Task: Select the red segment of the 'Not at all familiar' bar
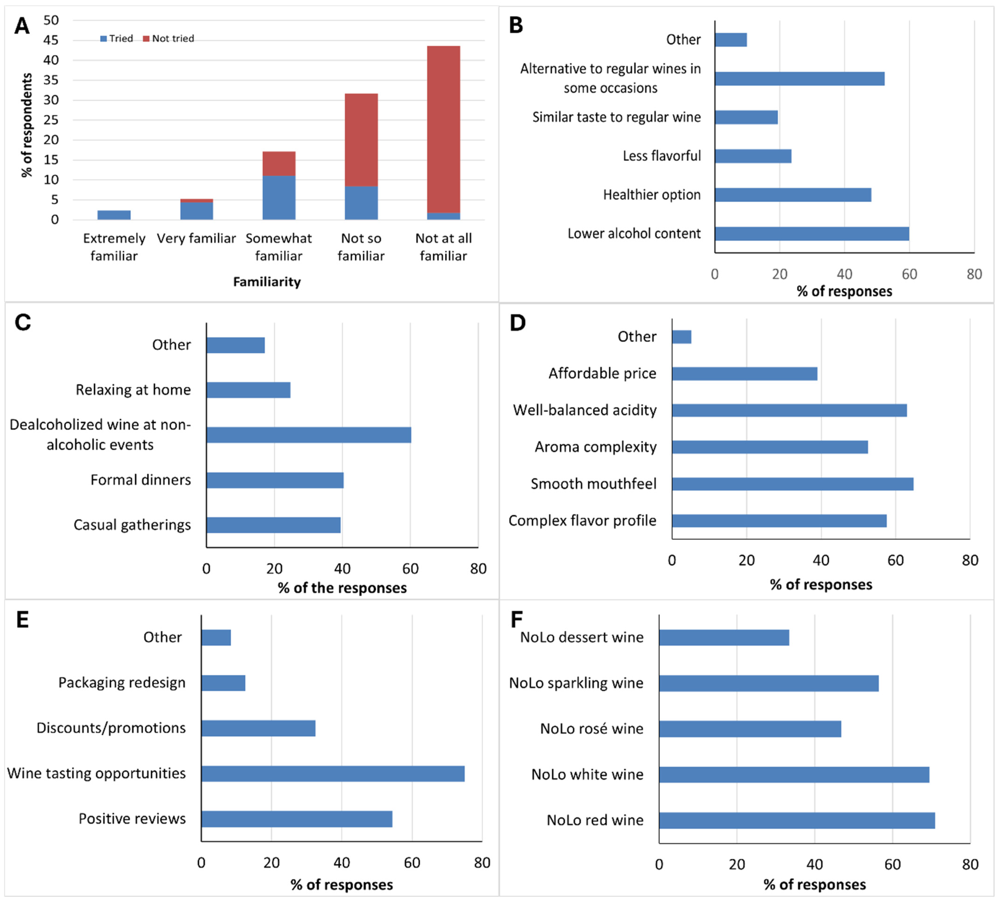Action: pyautogui.click(x=444, y=129)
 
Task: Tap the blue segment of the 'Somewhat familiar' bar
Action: pyautogui.click(x=279, y=197)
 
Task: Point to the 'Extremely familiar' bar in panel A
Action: pyautogui.click(x=114, y=215)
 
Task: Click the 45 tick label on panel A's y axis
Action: pyautogui.click(x=51, y=40)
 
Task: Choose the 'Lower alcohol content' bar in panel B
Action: pyautogui.click(x=812, y=234)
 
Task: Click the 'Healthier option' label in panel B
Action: pyautogui.click(x=652, y=195)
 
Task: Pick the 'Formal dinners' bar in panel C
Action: pyautogui.click(x=275, y=480)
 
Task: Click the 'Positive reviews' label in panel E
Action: pyautogui.click(x=132, y=819)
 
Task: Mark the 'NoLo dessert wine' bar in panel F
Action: pyautogui.click(x=724, y=637)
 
